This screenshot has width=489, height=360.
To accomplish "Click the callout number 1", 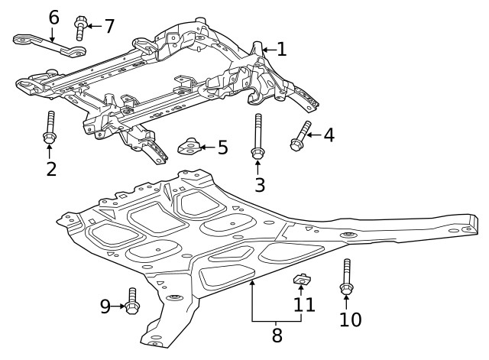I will (281, 50).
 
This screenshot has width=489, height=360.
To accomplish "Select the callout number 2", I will (51, 168).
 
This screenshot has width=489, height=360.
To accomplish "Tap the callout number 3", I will (260, 184).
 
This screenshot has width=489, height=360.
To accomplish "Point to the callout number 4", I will (329, 136).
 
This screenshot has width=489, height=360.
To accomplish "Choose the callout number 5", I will (222, 147).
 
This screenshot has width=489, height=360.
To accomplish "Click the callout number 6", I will (53, 17).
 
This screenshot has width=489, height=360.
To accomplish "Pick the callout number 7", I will (108, 26).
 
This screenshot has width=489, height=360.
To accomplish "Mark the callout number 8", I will (277, 335).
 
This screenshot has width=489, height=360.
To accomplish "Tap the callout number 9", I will (105, 306).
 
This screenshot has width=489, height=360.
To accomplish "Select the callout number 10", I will (350, 319).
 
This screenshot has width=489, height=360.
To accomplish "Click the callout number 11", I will (305, 306).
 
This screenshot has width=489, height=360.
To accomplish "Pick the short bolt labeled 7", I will (81, 28).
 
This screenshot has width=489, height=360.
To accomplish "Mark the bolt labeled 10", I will (346, 278).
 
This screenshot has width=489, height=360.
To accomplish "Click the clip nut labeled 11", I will (302, 280).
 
